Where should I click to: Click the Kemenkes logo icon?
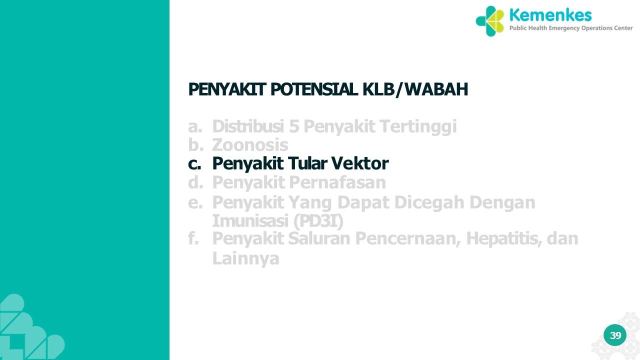tap(490, 21)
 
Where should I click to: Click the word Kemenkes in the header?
tap(550, 15)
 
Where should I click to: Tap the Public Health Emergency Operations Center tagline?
tap(571, 28)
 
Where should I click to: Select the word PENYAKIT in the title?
tap(227, 89)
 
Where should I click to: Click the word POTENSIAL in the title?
tap(314, 89)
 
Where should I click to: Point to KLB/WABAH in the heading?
tap(415, 89)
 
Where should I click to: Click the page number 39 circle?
tap(615, 335)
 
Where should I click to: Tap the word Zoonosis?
tap(250, 145)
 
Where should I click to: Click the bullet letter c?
tap(194, 164)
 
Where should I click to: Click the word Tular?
tap(307, 163)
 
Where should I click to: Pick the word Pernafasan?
tap(337, 182)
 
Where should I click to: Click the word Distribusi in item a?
tap(248, 126)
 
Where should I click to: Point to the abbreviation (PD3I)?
tap(318, 221)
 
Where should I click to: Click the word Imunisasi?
tap(250, 220)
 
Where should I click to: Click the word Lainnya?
tap(245, 258)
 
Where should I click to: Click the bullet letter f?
tap(193, 238)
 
